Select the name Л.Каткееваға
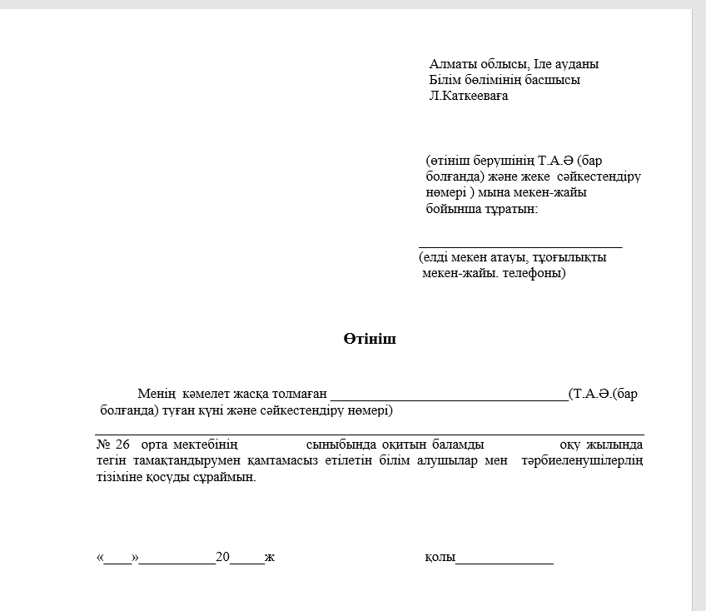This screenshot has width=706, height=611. (x=469, y=96)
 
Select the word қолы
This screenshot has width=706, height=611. (x=439, y=558)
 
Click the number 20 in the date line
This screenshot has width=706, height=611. (x=222, y=558)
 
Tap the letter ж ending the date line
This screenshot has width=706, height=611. (x=270, y=558)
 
